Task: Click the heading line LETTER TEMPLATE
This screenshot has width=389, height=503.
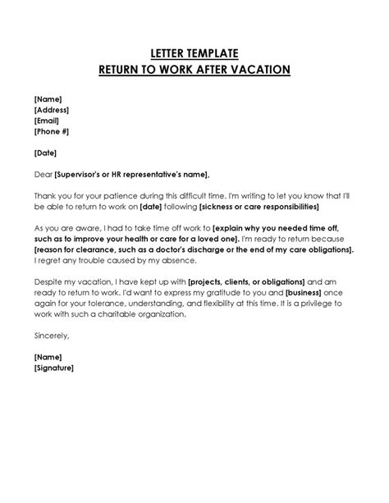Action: [x=194, y=53]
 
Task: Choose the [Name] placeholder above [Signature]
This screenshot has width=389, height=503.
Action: [x=48, y=358]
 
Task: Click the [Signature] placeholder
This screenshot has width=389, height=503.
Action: [x=54, y=368]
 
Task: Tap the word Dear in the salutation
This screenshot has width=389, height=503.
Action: [x=43, y=174]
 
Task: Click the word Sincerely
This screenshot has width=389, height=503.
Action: [x=52, y=336]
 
